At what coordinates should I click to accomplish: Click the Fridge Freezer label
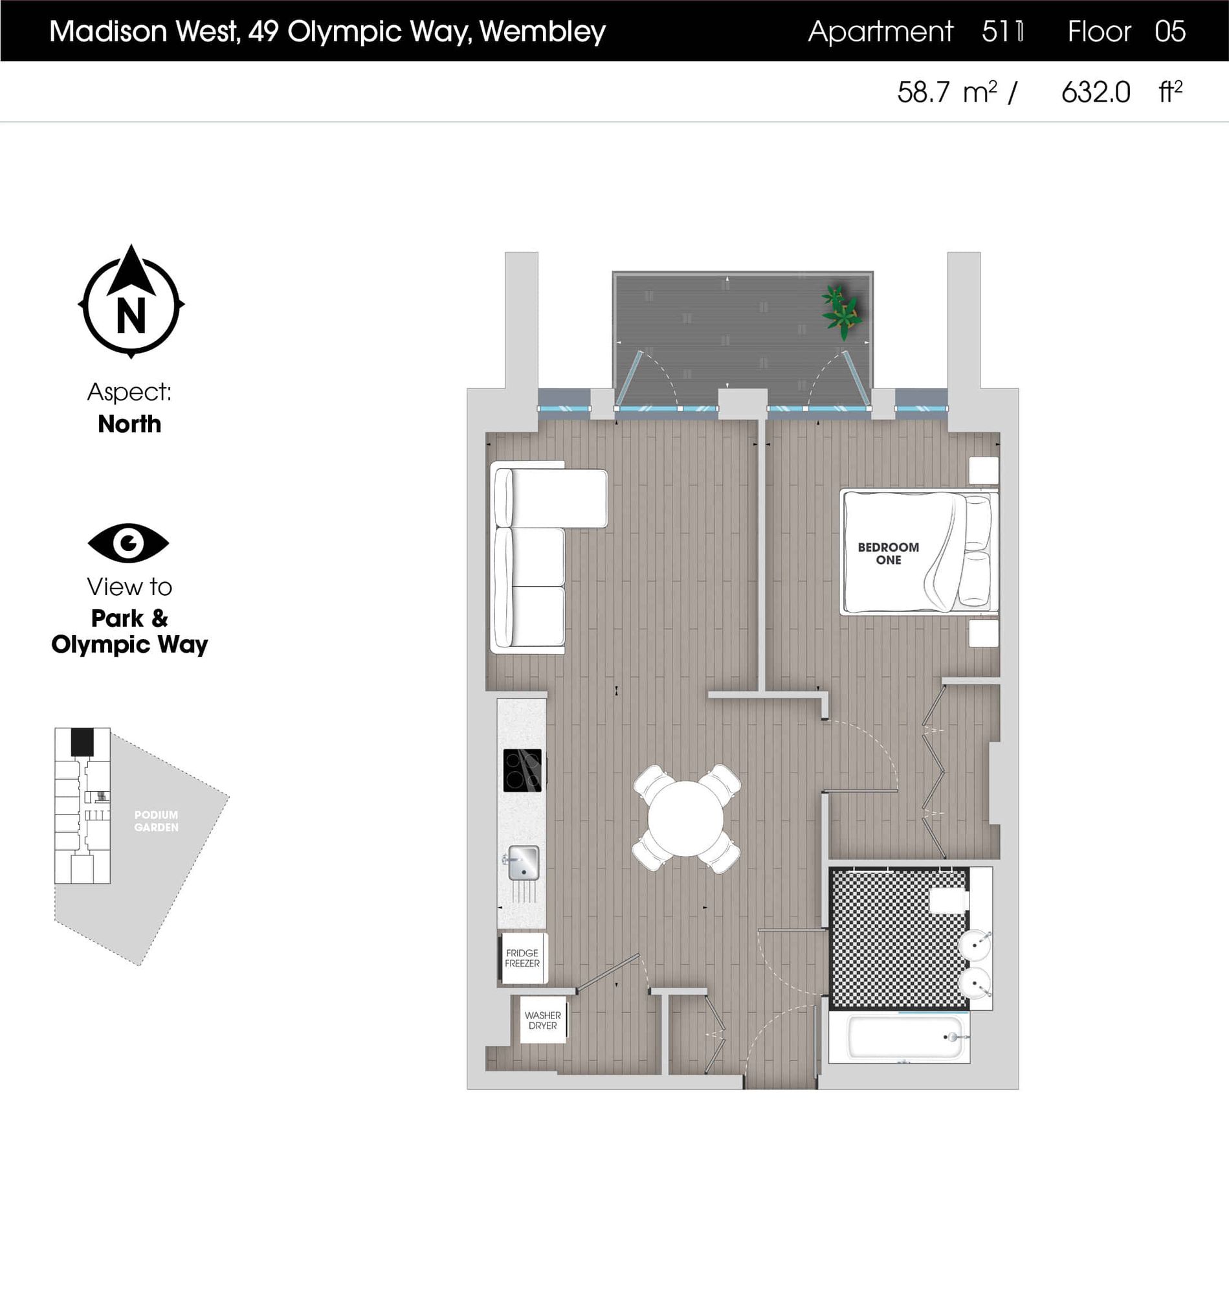point(522,958)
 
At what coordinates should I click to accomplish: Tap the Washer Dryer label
point(542,1020)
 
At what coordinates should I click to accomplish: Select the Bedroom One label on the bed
point(889,553)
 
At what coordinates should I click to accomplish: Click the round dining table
point(685,818)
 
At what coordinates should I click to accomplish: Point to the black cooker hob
point(522,770)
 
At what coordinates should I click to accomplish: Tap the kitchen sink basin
point(524,862)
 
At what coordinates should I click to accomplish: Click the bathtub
point(905,1037)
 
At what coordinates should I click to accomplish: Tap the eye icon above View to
point(128,543)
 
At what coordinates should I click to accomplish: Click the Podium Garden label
point(156,821)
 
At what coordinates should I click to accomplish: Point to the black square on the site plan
point(82,742)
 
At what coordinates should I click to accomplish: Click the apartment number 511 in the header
point(1002,32)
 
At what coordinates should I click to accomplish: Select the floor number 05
point(1169,32)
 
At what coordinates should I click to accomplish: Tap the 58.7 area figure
point(923,93)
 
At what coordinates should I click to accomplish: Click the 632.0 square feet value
point(1095,93)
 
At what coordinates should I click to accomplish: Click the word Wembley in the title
point(542,32)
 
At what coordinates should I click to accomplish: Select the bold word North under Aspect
point(129,424)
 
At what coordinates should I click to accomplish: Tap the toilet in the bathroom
point(949,900)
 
